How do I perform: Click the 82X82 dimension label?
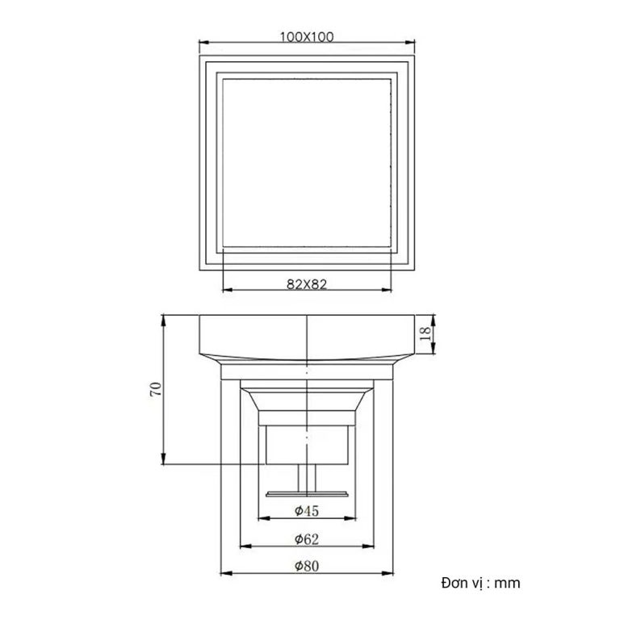tap(306, 283)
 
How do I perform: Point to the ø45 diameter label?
tap(307, 510)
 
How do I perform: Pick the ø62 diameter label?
tap(307, 538)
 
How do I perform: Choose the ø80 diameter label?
tap(307, 566)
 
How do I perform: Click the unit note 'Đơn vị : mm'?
tap(481, 582)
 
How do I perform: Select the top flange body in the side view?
tap(307, 335)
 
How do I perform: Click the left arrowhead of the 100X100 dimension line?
tap(202, 44)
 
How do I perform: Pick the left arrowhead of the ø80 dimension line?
tap(224, 574)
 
